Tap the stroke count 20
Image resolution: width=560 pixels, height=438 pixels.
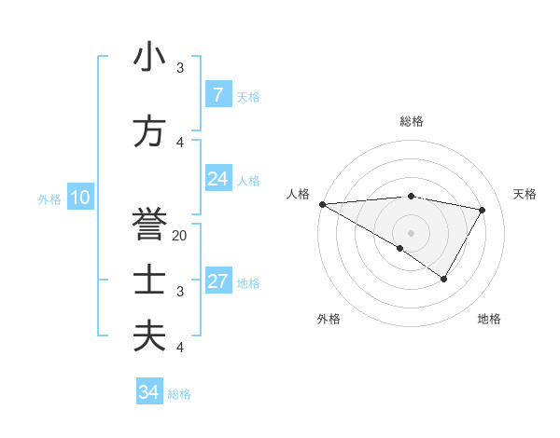(180, 236)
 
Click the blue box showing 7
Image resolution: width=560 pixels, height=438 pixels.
(217, 95)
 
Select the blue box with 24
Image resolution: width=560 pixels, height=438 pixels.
(217, 179)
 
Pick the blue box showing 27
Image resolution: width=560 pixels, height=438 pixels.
(217, 281)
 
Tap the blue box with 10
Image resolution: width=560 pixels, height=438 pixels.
(79, 198)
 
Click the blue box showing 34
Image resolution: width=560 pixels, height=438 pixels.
(148, 392)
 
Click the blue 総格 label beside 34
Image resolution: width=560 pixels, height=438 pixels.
(179, 394)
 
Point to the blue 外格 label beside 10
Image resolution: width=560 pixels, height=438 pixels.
(49, 198)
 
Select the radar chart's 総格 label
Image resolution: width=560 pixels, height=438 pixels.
(411, 121)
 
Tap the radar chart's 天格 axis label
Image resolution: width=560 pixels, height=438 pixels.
(525, 194)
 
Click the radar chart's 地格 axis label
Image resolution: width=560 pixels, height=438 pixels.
(489, 319)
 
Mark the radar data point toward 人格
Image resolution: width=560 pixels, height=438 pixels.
(322, 203)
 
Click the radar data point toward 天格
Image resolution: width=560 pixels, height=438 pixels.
(483, 210)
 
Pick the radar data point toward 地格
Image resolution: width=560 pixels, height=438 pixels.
(444, 279)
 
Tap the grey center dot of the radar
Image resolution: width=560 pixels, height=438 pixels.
(411, 232)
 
